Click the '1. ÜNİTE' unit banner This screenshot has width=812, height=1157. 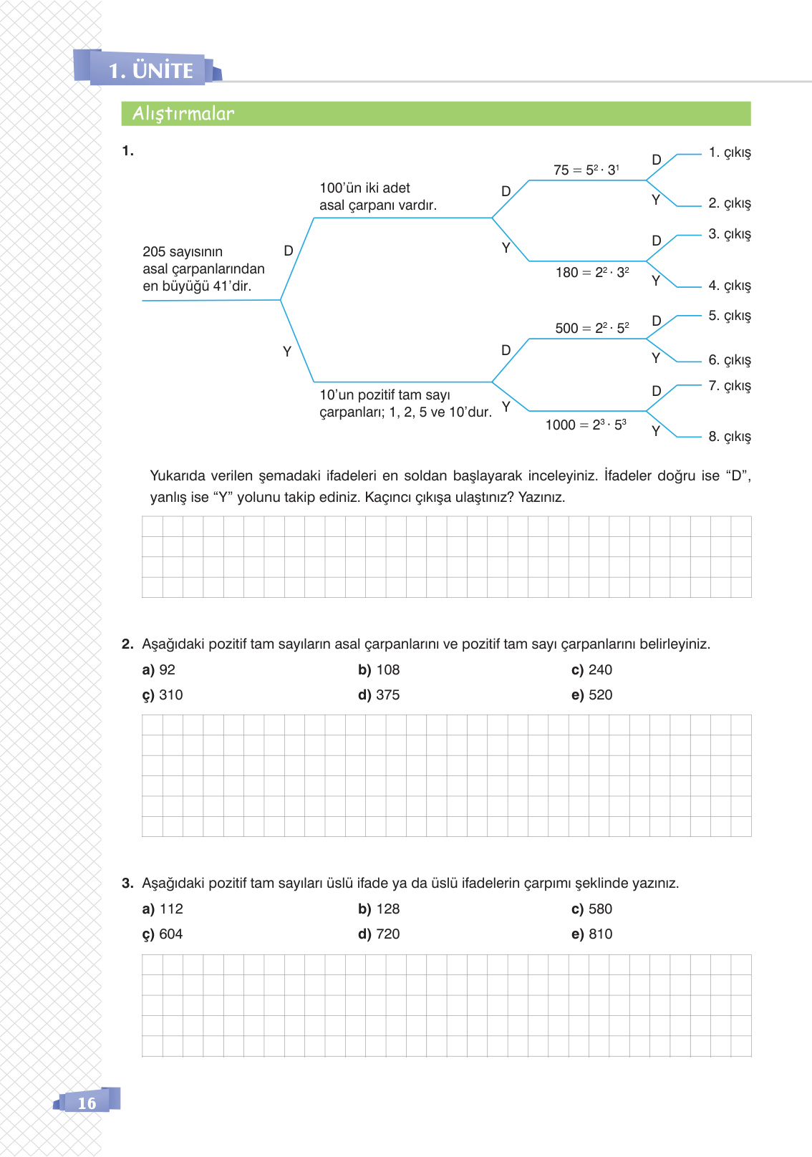(150, 70)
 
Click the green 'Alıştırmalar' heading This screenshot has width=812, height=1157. (183, 114)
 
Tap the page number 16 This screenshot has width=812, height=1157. (87, 1103)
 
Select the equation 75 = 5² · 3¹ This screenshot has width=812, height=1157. (586, 170)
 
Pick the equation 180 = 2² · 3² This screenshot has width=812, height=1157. (592, 272)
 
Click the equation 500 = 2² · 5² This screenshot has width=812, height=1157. (591, 328)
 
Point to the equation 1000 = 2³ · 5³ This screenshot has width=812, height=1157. (586, 425)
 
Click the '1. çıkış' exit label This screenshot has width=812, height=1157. (730, 153)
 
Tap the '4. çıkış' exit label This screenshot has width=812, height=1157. (730, 286)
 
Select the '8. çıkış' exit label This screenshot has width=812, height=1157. (730, 437)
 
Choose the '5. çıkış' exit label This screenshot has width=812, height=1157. (730, 316)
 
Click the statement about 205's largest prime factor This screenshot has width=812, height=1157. (203, 269)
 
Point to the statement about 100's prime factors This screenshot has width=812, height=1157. (377, 197)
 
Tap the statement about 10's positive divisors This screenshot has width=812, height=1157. (405, 404)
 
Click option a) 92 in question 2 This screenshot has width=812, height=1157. (159, 670)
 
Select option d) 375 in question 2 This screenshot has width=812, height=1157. (379, 695)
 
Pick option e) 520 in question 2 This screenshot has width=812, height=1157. (591, 695)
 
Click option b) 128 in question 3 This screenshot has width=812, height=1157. (379, 909)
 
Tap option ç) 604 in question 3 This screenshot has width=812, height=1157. (163, 934)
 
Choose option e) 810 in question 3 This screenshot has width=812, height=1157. (591, 934)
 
